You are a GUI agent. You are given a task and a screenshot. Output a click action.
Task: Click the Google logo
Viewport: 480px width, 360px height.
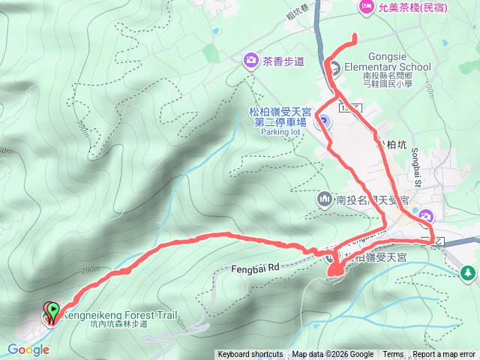(28, 349)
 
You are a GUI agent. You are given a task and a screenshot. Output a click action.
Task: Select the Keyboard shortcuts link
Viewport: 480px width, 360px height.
(250, 355)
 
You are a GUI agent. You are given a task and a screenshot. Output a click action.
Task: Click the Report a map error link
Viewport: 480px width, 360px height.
(444, 355)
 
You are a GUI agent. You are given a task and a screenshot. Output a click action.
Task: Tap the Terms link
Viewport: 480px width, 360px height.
(393, 355)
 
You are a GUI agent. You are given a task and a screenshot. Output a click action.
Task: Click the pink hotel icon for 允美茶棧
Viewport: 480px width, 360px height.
(367, 7)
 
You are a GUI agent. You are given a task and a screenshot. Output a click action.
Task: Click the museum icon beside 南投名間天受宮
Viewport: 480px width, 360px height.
(324, 200)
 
